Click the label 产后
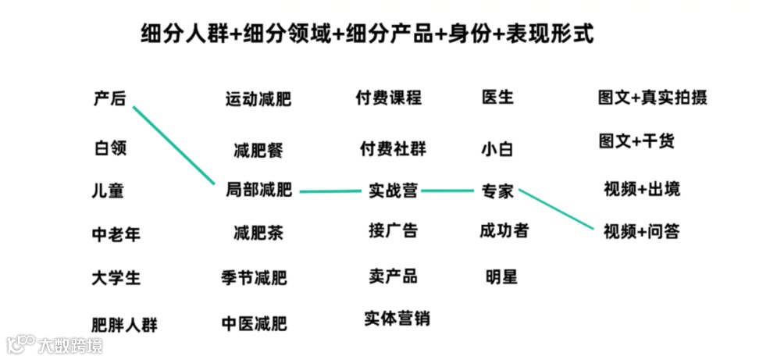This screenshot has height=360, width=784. coord(109,98)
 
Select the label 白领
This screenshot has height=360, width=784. coord(110,148)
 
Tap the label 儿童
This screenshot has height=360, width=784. coord(108,191)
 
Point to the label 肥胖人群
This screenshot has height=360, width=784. coord(124,323)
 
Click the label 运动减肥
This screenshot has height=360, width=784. coord(258,99)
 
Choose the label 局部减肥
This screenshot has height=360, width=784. coord(258,189)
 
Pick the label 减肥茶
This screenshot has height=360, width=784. coord(258,233)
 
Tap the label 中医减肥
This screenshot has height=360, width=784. coord(254,322)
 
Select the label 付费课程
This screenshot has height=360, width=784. coord(388,98)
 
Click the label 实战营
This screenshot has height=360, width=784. coord(393,190)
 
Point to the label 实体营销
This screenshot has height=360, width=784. coord(397,319)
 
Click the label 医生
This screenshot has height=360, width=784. coord(498,98)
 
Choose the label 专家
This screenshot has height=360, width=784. coord(498,190)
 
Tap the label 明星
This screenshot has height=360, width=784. coord(501,276)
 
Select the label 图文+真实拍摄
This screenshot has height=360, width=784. coord(653,98)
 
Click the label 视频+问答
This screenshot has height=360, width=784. coord(642,231)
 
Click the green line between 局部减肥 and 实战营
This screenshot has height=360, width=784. coord(330,191)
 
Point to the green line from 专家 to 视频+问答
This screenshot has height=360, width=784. coord(556,209)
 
